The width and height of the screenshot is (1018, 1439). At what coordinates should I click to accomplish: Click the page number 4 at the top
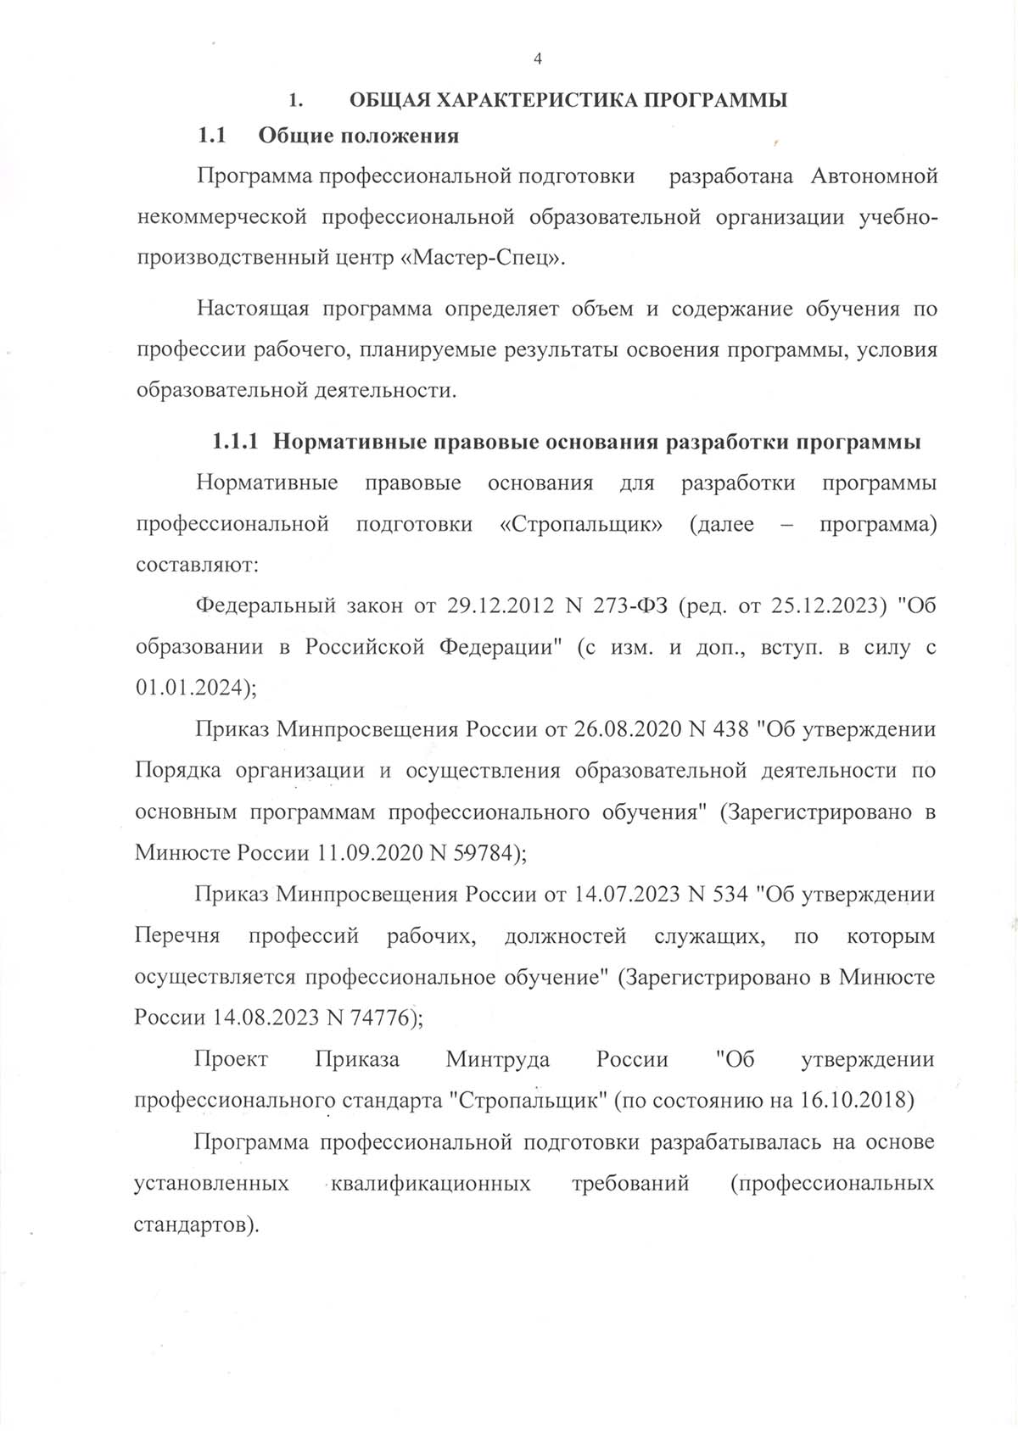coord(537,59)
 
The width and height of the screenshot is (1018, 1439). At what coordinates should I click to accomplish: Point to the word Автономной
coord(874,176)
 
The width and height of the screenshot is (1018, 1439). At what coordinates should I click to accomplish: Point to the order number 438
coord(730,728)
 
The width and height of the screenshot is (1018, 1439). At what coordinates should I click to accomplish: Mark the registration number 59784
coord(483,852)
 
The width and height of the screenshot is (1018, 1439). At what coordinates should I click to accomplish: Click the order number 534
coord(730,894)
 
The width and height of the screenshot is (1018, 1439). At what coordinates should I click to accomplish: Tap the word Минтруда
coord(497,1058)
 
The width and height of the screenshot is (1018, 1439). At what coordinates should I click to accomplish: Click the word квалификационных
coord(432,1182)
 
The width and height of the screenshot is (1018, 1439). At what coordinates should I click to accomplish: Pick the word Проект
coord(231,1058)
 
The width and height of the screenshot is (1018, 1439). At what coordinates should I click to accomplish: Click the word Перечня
coord(177,935)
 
